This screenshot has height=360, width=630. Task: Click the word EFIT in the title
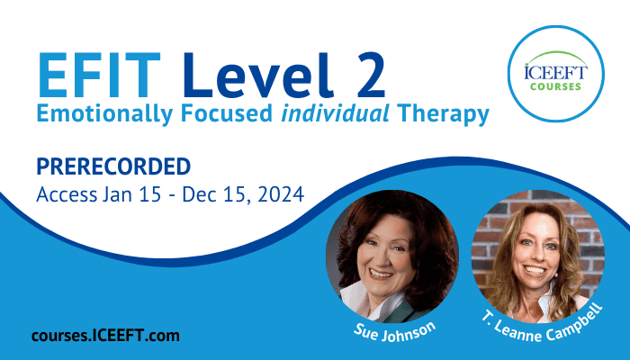(x=99, y=76)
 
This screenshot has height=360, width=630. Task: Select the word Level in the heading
(x=258, y=75)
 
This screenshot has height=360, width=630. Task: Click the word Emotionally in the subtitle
(x=104, y=114)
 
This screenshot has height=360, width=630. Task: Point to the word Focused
(x=226, y=113)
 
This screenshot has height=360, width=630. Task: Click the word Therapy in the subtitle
(x=443, y=114)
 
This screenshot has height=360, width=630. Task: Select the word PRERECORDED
(x=113, y=166)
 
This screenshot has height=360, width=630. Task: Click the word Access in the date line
(x=67, y=195)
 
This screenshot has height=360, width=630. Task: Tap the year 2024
(x=281, y=195)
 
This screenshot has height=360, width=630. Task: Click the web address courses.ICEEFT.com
(x=105, y=336)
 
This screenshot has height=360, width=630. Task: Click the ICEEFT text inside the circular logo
(x=555, y=72)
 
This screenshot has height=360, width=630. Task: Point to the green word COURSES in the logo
(x=555, y=86)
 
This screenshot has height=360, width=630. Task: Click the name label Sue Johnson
(x=394, y=331)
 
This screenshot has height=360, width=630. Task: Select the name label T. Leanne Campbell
(x=543, y=324)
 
